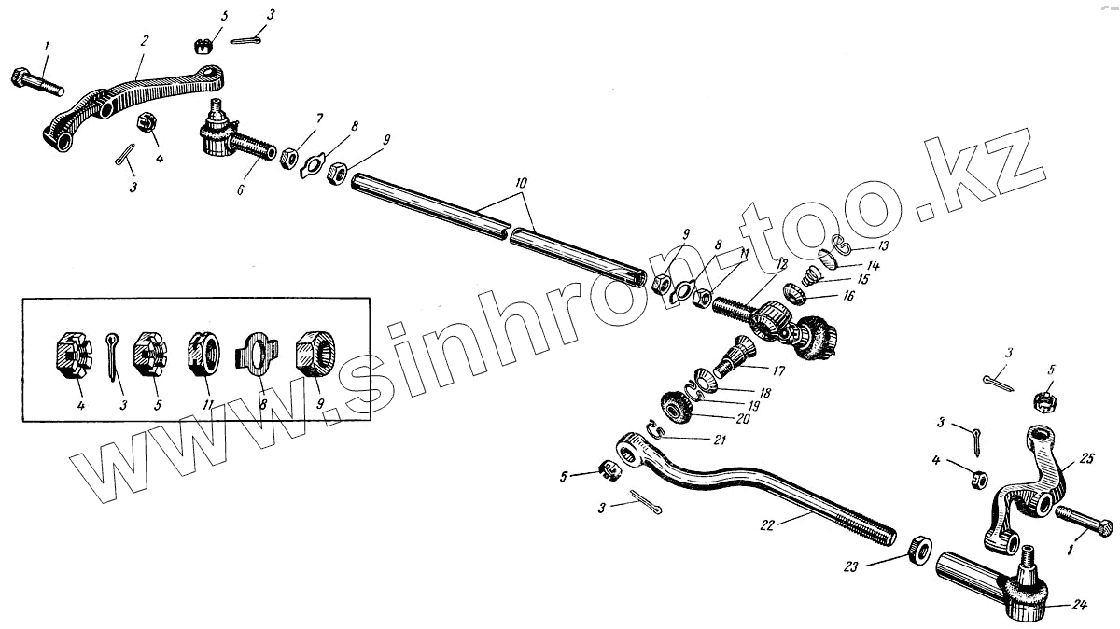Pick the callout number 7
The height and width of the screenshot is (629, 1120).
318,119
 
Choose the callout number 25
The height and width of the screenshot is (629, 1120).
1085,458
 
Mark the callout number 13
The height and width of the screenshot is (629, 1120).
882,246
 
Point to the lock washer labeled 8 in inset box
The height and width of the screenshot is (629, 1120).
256,357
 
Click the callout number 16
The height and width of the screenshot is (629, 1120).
849,297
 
